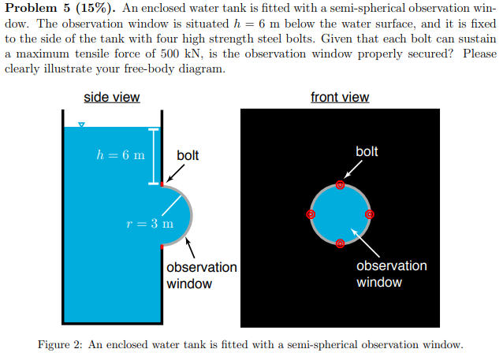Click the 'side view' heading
112,98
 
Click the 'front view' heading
340,98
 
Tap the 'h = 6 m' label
120,154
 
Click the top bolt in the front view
340,185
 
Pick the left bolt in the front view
311,213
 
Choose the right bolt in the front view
369,213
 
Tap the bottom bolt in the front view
340,243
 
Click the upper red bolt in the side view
162,184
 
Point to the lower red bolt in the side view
162,247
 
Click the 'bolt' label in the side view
188,155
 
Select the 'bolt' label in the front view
367,150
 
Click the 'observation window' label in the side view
201,275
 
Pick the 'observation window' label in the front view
391,273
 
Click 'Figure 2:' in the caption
61,344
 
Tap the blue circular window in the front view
340,213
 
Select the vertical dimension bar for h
155,155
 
